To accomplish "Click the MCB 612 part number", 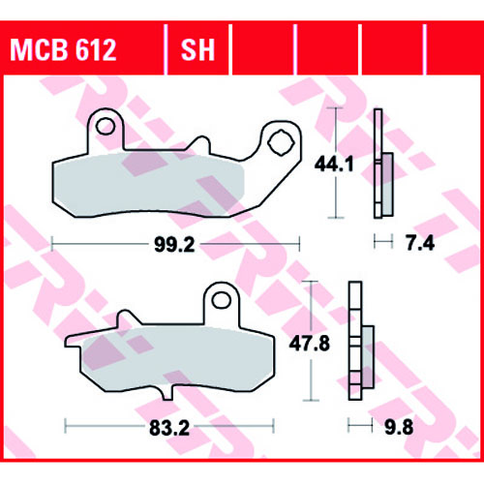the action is click(63, 50).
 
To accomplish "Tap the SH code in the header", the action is click(197, 50).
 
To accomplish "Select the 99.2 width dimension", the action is click(174, 245).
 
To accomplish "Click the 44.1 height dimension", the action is click(334, 164).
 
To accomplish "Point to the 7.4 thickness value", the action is click(420, 243).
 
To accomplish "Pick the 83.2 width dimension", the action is click(169, 429).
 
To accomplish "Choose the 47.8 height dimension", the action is click(310, 344).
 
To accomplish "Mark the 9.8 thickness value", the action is click(399, 427).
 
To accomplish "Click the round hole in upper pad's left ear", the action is click(106, 127).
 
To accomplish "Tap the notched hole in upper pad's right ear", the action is click(281, 142).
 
